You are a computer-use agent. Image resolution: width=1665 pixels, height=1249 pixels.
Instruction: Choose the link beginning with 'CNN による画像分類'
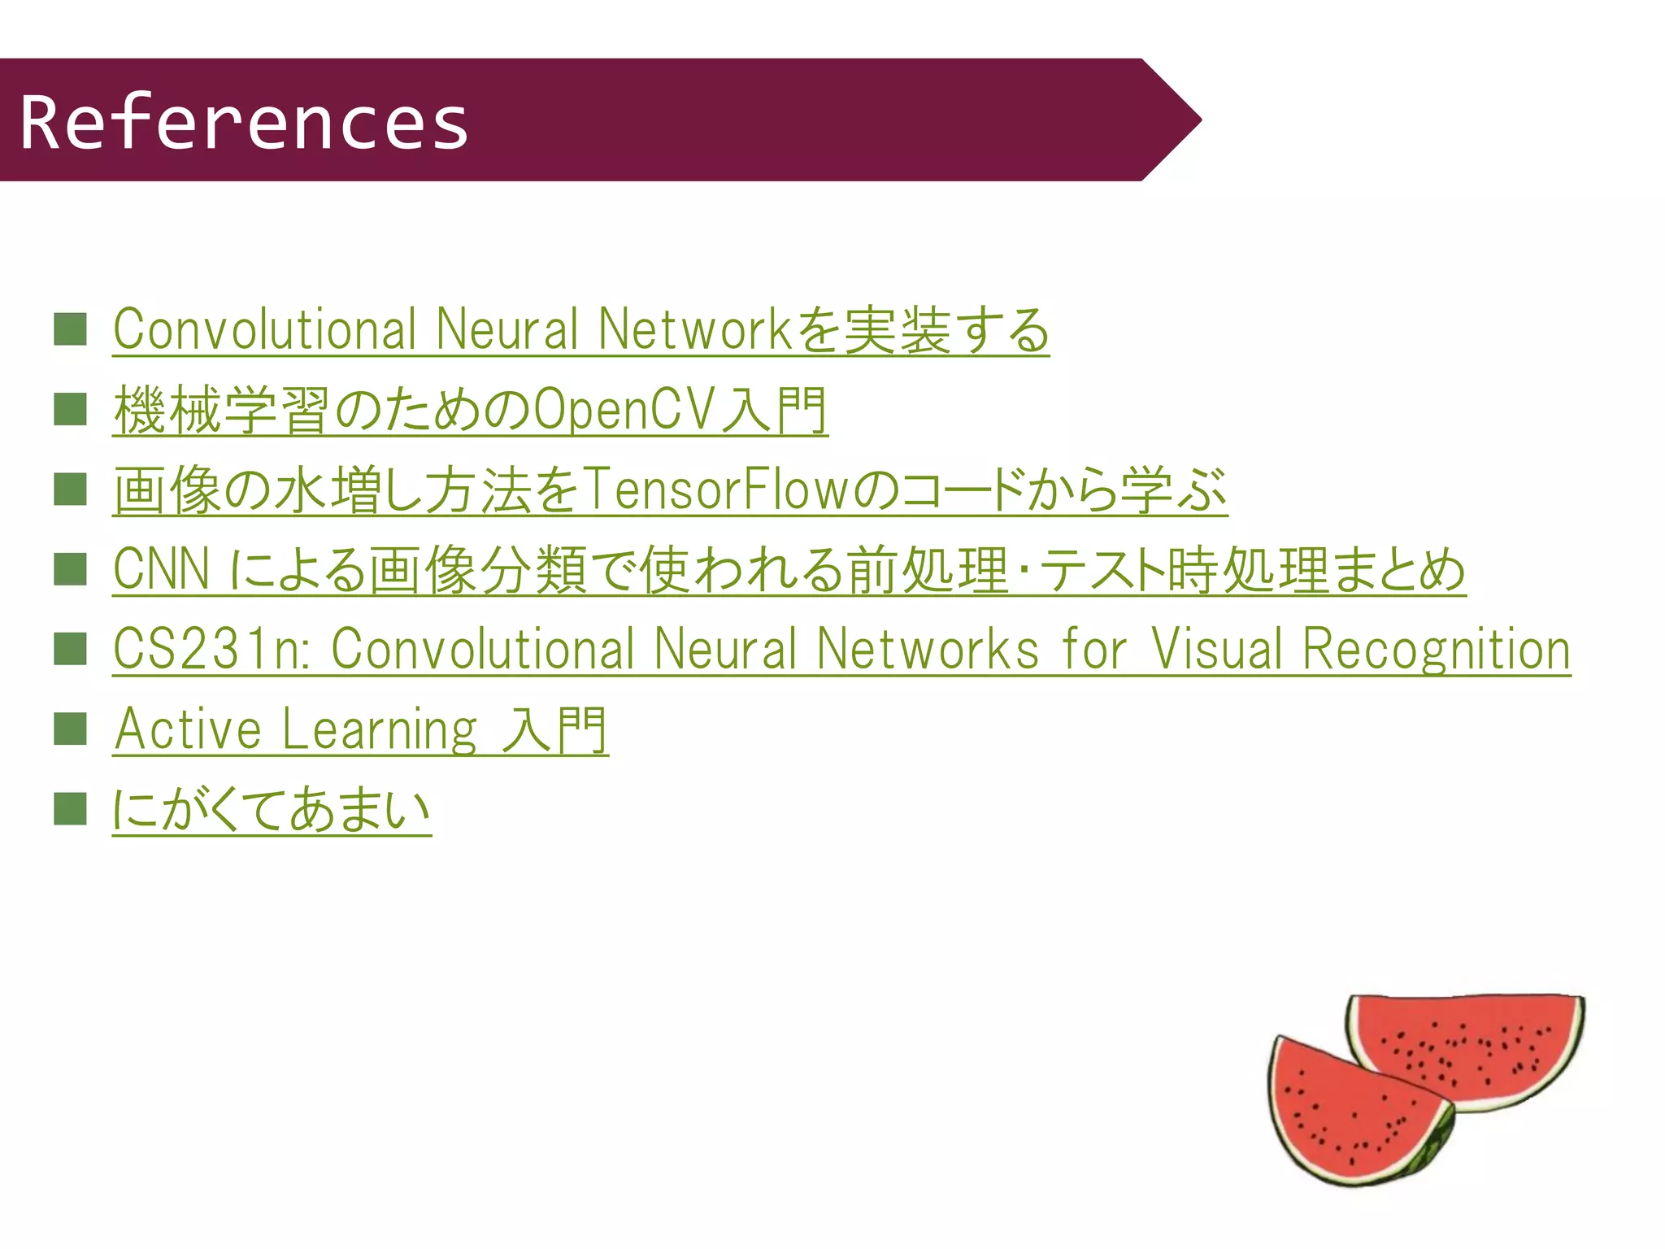pos(789,569)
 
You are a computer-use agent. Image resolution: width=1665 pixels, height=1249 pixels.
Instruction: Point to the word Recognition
pos(1436,649)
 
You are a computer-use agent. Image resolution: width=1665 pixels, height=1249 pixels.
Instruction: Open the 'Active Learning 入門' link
pos(360,729)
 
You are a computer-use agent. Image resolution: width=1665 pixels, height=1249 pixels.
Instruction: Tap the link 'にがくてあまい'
pos(272,809)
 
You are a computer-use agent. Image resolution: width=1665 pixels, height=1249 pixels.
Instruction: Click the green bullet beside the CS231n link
pos(70,649)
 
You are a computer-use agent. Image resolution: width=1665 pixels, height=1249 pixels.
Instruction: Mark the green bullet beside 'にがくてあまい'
pos(70,809)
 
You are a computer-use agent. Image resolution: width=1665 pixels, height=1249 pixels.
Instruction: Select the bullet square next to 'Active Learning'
pos(70,729)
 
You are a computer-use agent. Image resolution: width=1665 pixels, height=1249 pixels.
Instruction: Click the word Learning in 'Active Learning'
pos(380,729)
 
